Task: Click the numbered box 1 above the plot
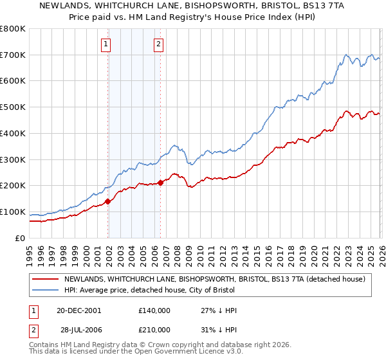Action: [x=106, y=44]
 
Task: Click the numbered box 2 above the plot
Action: [x=158, y=44]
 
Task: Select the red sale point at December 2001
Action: [x=108, y=201]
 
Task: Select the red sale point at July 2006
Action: [x=160, y=183]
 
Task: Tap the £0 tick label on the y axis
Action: [x=21, y=238]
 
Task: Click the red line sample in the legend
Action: [x=45, y=279]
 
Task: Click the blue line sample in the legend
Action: [x=45, y=290]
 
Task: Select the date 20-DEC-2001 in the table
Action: [x=78, y=310]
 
